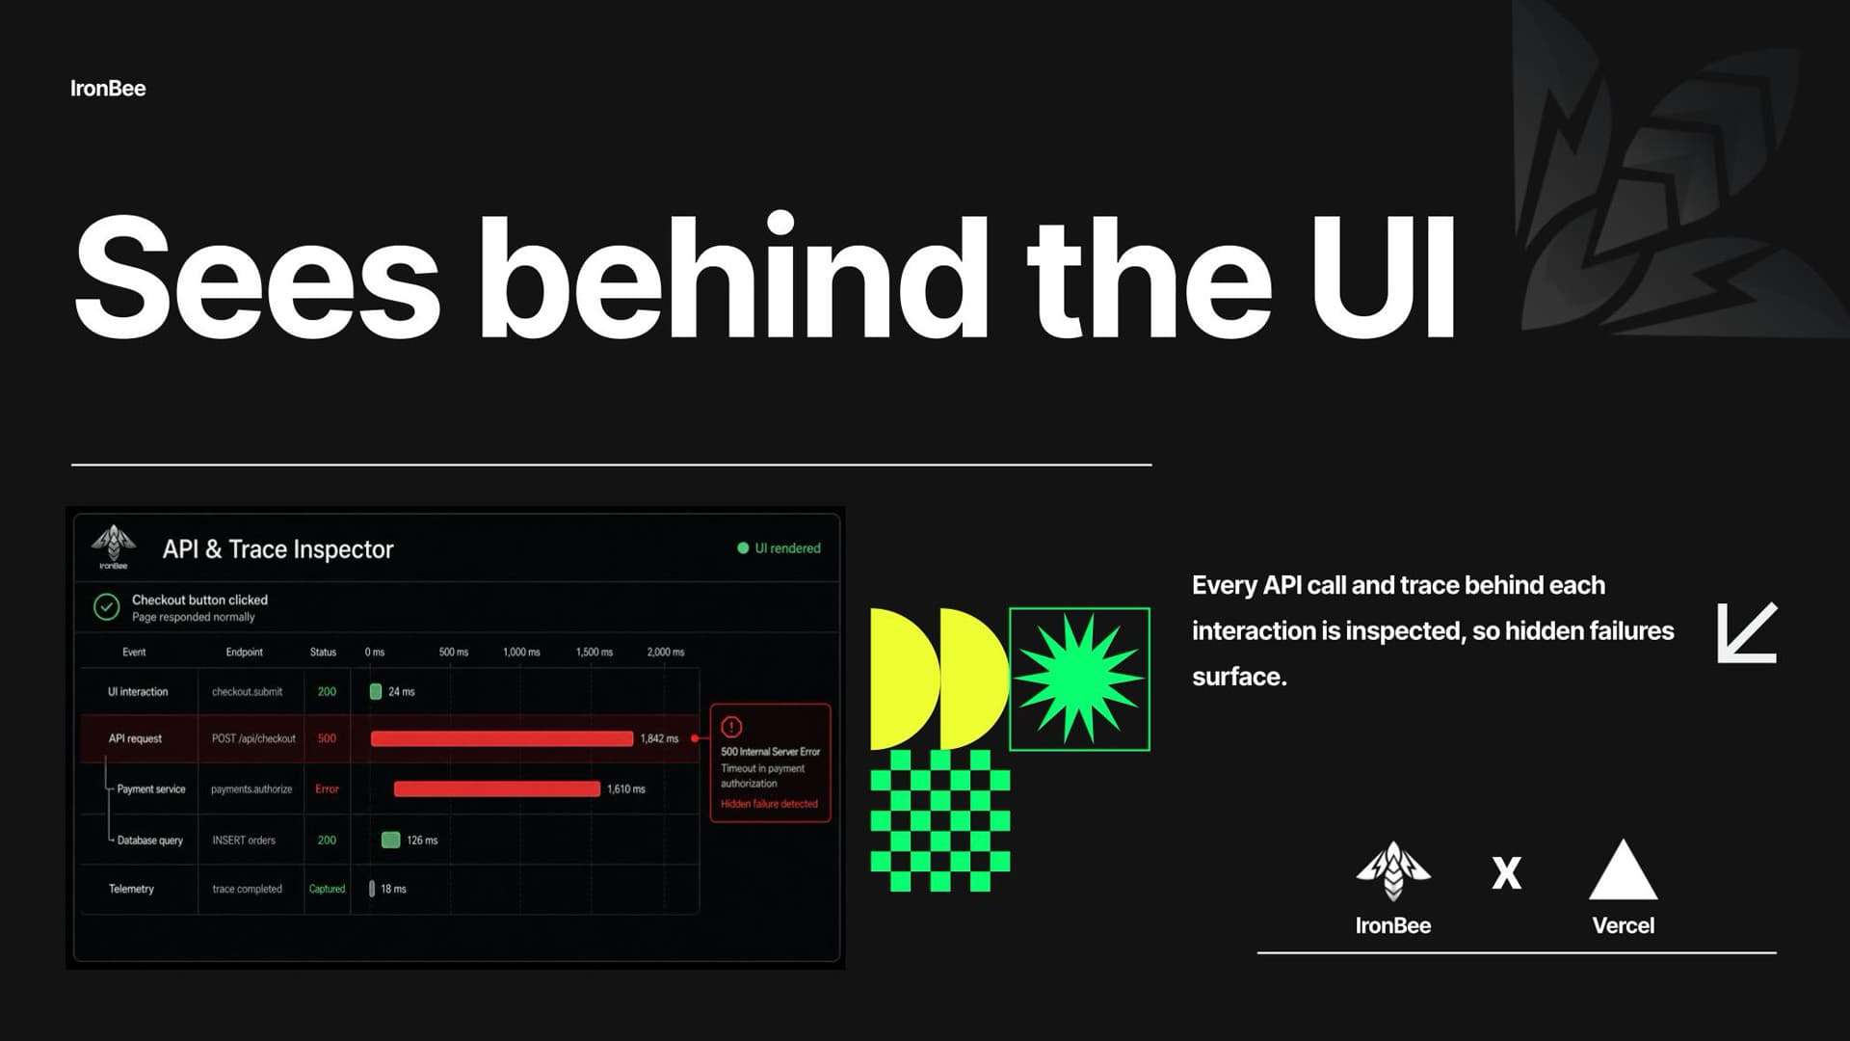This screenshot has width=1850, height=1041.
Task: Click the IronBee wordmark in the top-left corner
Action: tap(108, 89)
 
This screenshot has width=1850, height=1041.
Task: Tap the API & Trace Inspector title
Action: tap(277, 549)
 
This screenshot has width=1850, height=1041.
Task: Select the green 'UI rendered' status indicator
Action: tap(779, 548)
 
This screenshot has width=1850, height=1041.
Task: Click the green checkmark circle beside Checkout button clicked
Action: tap(106, 607)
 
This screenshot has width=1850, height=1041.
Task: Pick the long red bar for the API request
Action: tap(502, 738)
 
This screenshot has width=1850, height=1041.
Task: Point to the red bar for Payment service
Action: tap(497, 788)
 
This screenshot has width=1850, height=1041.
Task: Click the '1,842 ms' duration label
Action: tap(659, 738)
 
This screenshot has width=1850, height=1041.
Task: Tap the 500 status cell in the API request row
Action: tap(327, 738)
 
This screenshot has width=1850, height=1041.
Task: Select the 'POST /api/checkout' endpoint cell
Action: tap(253, 738)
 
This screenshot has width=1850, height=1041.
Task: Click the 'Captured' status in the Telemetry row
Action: tap(327, 889)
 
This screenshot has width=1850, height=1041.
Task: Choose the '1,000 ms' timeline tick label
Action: tap(521, 653)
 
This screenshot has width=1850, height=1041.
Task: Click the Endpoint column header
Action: tap(244, 653)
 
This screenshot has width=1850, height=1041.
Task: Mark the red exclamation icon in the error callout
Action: tap(731, 727)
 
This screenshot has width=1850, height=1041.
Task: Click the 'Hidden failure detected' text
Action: tap(769, 804)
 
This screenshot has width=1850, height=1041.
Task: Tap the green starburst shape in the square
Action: tap(1079, 680)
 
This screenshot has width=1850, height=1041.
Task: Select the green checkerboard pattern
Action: tap(939, 821)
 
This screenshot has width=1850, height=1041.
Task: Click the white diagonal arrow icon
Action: tap(1747, 633)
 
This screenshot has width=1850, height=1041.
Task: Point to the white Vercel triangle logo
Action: tap(1623, 869)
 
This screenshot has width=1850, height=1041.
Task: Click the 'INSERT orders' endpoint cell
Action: tap(244, 841)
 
